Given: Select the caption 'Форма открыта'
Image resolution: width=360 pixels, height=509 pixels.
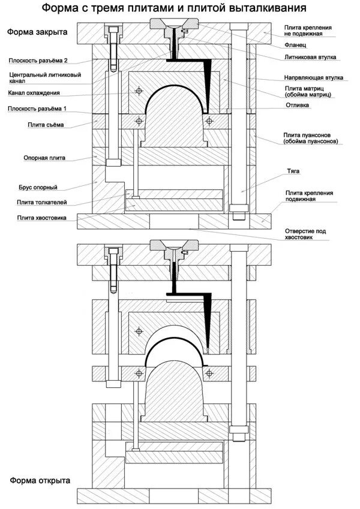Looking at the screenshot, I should pos(40,480).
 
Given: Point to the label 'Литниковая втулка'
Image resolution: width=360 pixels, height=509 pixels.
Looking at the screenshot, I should pos(310,57).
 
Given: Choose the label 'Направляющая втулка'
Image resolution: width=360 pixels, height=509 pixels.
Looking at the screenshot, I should pos(313,78).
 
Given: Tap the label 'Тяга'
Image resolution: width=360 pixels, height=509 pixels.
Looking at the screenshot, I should pos(293,171).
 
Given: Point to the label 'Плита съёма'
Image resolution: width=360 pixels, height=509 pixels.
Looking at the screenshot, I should pos(46,124).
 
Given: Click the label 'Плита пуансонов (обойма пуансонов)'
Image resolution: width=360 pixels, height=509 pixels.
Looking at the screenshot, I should pos(313,138).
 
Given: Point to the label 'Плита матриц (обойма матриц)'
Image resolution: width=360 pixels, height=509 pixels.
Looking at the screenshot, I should pos(310,92).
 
